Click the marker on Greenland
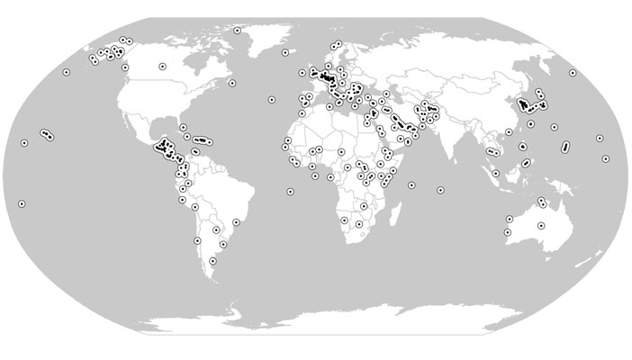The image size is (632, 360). [x=237, y=31]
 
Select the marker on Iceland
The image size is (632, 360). [x=285, y=52]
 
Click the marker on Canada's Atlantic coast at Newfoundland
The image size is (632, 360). [x=232, y=84]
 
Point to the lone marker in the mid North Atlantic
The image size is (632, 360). [x=271, y=99]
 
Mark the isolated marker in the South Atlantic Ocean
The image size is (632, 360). [x=289, y=191]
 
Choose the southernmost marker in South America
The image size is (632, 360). [x=212, y=261]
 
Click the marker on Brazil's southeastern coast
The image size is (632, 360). [x=237, y=220]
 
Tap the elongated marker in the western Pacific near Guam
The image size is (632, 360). [x=564, y=146]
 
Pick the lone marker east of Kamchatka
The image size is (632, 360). [x=573, y=73]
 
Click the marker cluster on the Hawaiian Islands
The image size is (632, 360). [x=46, y=135]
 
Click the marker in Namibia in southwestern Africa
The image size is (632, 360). [x=345, y=220]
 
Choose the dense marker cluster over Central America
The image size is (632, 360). [x=165, y=147]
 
